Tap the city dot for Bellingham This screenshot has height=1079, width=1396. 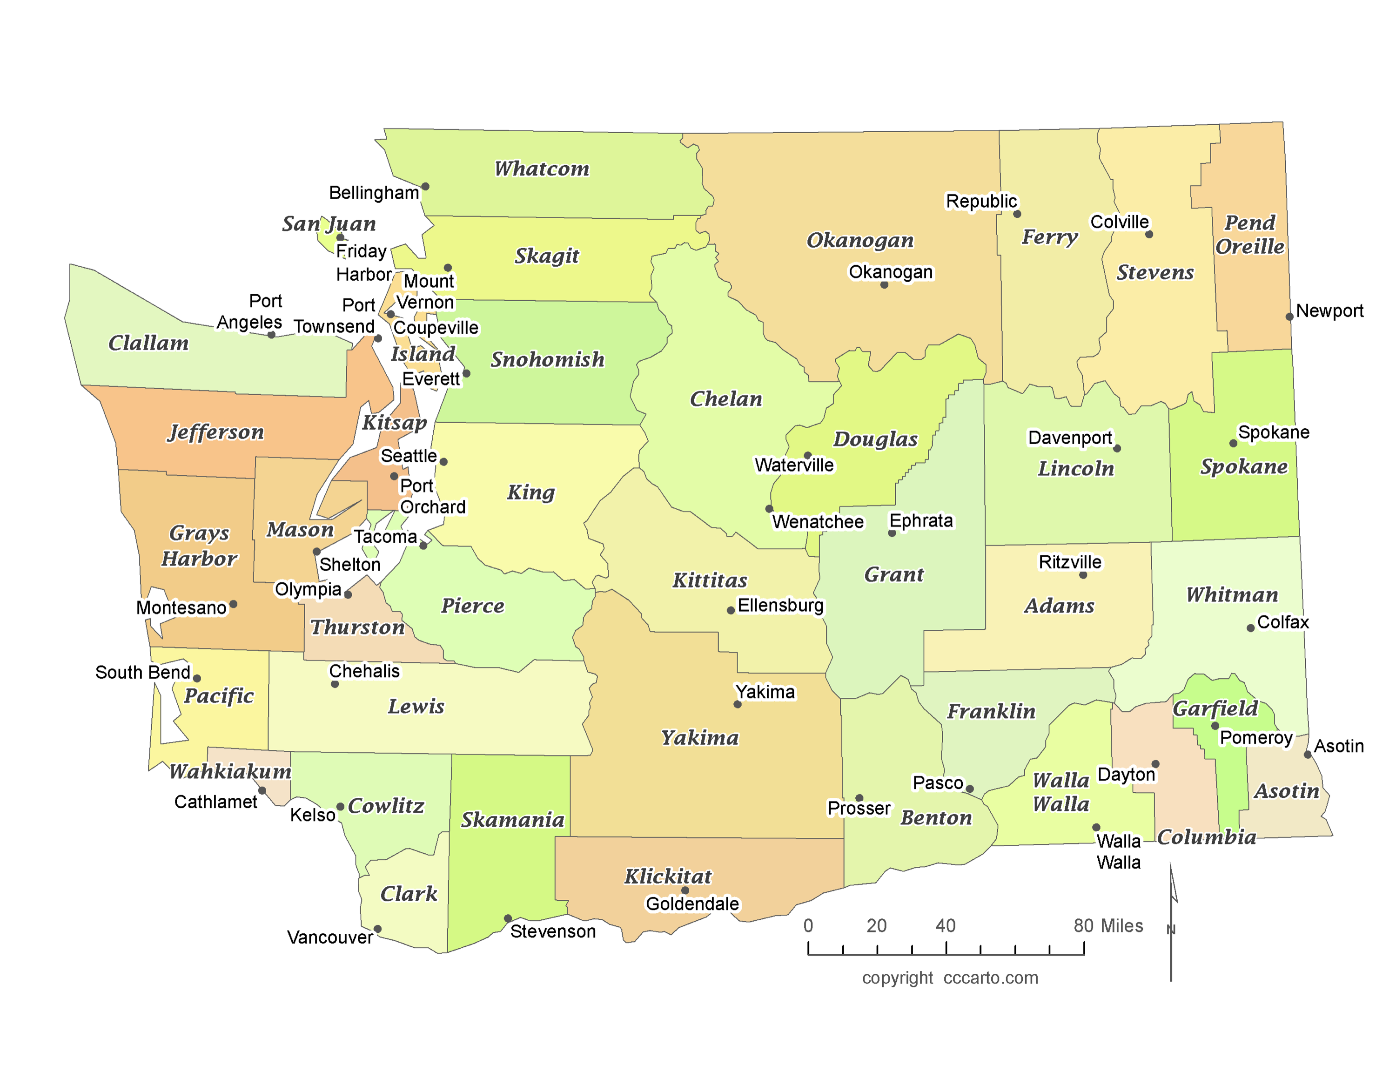[425, 187]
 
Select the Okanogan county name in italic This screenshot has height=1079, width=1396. [860, 240]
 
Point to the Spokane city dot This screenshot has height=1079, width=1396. [1233, 443]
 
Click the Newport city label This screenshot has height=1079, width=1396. [1329, 311]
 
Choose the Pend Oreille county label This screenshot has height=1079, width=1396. [1249, 235]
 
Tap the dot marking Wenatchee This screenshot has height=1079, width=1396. [769, 509]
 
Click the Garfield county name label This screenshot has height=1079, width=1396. [1215, 708]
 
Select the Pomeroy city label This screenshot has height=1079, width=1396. [1255, 738]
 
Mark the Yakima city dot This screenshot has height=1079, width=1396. [737, 704]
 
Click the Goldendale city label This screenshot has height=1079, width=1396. [692, 904]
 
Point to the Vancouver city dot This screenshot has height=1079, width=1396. [377, 929]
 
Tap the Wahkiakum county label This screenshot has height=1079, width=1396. [230, 771]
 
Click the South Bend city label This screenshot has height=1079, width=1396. [142, 673]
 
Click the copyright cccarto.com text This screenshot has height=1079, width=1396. [950, 978]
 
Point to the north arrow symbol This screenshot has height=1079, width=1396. [1172, 920]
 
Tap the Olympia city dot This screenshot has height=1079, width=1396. [348, 594]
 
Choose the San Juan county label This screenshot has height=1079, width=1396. [329, 224]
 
